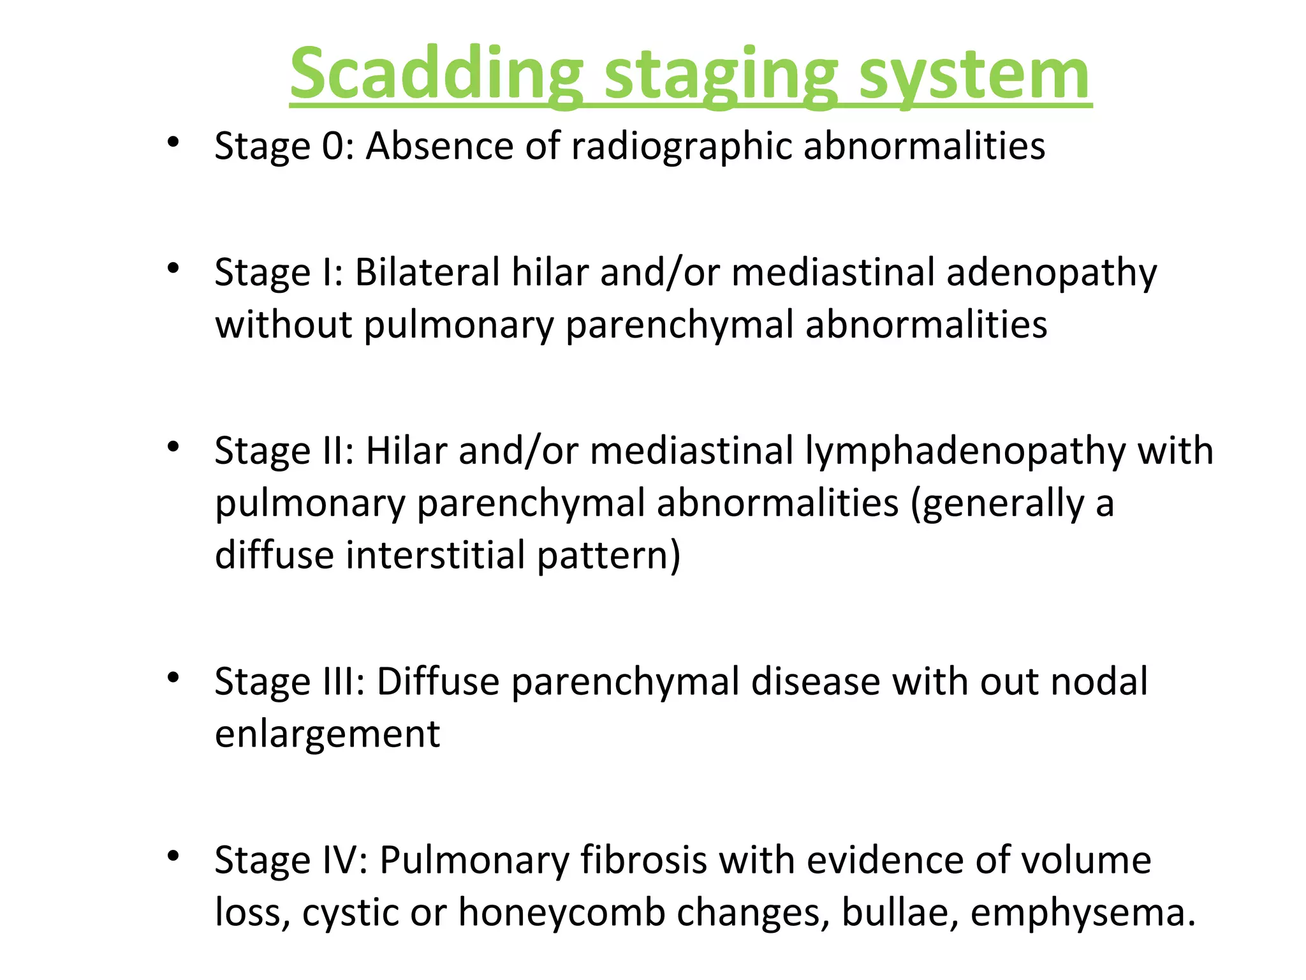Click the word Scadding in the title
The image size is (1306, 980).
436,75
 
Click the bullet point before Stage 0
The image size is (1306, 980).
172,142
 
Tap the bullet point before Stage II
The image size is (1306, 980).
172,447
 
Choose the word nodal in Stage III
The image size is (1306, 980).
1099,681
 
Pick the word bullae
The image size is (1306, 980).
900,912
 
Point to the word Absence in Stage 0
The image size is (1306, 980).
439,147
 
